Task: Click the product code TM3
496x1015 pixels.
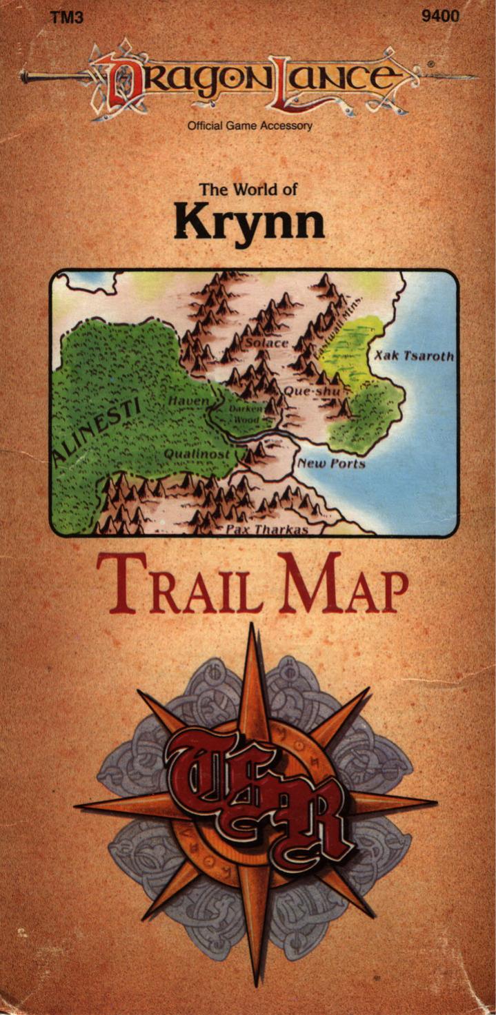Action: pos(67,17)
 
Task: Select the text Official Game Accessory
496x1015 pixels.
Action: pos(250,125)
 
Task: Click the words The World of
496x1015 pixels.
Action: pos(248,189)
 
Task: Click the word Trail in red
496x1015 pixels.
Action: pos(179,584)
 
